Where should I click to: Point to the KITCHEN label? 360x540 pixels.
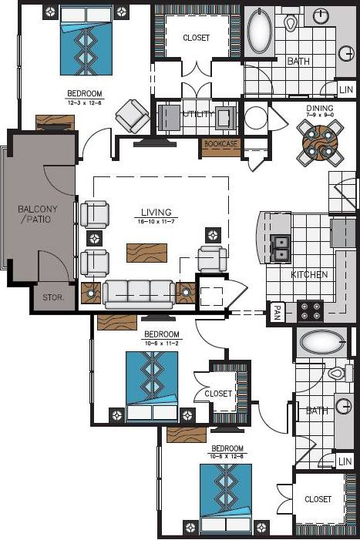[x=309, y=274]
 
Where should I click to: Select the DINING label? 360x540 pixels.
[x=319, y=109]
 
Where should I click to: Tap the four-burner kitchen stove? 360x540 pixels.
[x=311, y=310]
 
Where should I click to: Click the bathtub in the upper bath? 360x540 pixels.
[x=260, y=32]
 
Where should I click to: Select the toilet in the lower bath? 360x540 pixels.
[x=337, y=374]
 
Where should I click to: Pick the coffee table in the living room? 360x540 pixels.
[x=147, y=251]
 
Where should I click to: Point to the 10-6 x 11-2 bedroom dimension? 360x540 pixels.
[x=162, y=344]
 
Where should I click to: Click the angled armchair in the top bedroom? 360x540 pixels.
[x=133, y=116]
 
